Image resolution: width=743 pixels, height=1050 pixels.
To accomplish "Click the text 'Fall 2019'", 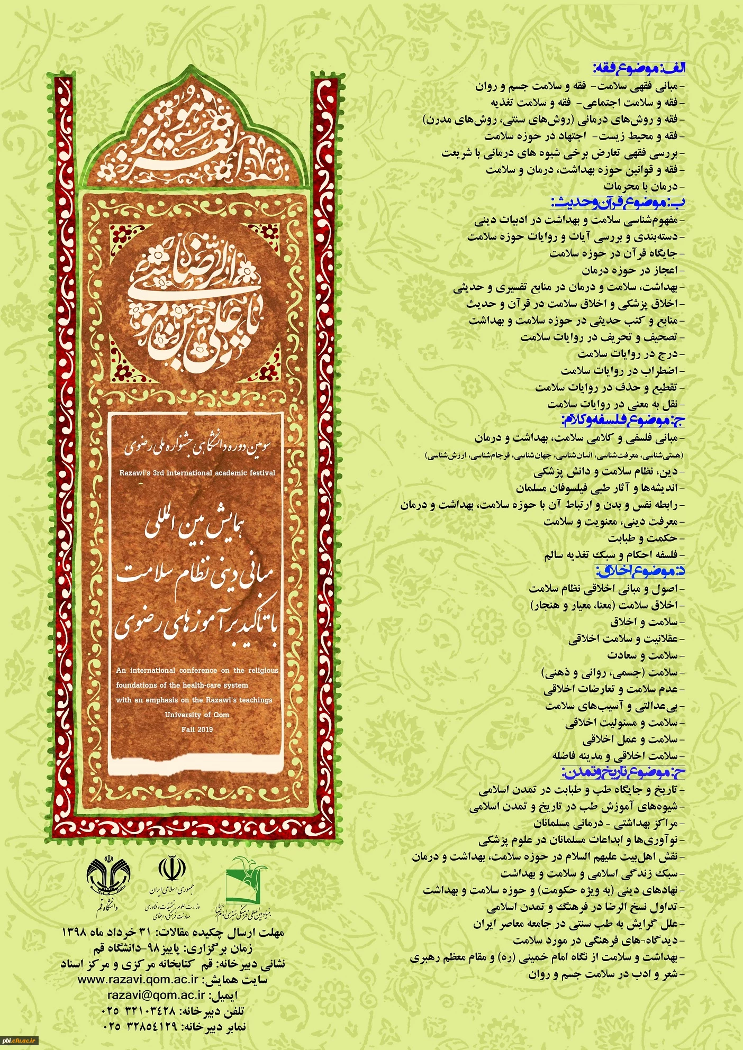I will pyautogui.click(x=197, y=729).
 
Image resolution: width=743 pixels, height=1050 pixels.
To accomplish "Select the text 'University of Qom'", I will pyautogui.click(x=197, y=715).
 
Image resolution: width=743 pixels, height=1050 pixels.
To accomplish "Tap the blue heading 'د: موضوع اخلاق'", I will pyautogui.click(x=640, y=571).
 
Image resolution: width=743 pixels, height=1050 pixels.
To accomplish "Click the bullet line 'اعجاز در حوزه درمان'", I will pyautogui.click(x=630, y=270).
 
